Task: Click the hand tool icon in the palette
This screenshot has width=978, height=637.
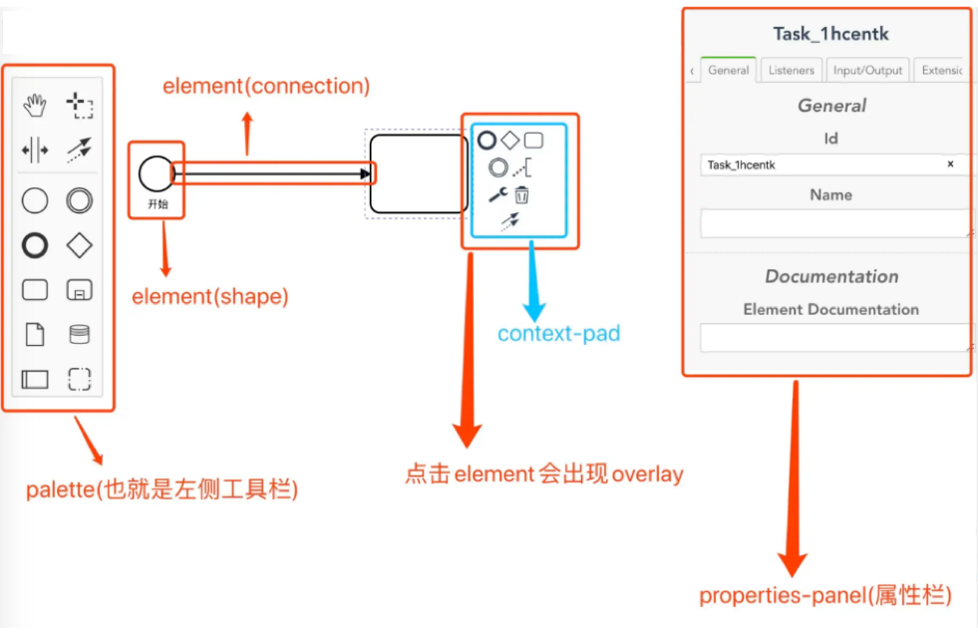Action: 36,104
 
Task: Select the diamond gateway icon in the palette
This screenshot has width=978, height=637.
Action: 79,245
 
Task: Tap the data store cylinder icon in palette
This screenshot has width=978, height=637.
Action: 79,335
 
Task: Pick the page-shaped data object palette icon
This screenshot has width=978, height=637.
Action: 35,334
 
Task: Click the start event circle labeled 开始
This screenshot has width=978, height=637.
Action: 156,173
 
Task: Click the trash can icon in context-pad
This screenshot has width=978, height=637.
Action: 521,194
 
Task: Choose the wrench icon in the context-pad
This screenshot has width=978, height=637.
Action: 497,195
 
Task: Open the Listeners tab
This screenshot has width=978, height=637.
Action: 792,71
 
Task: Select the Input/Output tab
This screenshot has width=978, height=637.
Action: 867,71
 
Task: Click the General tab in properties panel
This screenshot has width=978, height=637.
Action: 728,71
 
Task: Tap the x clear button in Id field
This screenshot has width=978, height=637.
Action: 950,164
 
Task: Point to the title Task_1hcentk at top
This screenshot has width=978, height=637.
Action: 830,34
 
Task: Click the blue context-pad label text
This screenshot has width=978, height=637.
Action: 558,334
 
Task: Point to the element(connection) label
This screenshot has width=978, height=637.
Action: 266,87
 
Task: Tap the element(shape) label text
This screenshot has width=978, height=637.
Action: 210,297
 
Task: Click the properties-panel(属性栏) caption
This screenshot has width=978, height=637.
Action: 824,596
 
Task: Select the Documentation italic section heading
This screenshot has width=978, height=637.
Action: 831,277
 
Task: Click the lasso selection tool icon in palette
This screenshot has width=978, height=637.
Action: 79,104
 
